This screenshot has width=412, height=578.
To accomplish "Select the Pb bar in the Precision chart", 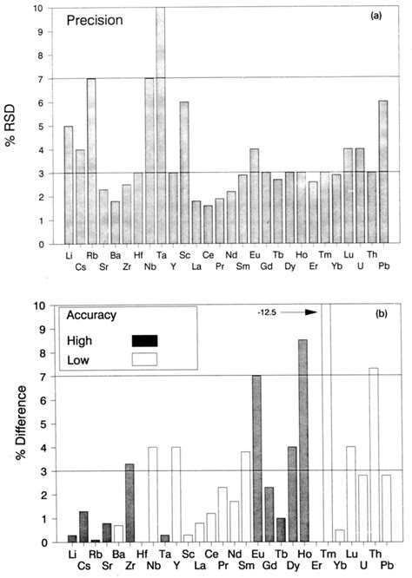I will click(384, 172).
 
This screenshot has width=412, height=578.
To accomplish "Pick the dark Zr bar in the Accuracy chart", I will click(130, 502).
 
